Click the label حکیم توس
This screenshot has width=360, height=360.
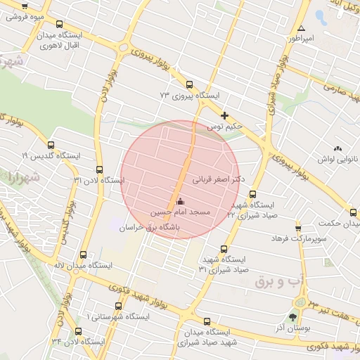tap(224, 127)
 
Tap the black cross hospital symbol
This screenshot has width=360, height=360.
tap(224, 115)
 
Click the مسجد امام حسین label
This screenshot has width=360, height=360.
tap(179, 212)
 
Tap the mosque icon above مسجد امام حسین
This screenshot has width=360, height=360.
tap(179, 202)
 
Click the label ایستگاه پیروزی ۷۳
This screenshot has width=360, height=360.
tap(190, 95)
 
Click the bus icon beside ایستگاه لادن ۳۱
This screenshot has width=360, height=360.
tap(98, 169)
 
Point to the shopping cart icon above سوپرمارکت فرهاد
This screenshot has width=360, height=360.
tap(299, 229)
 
